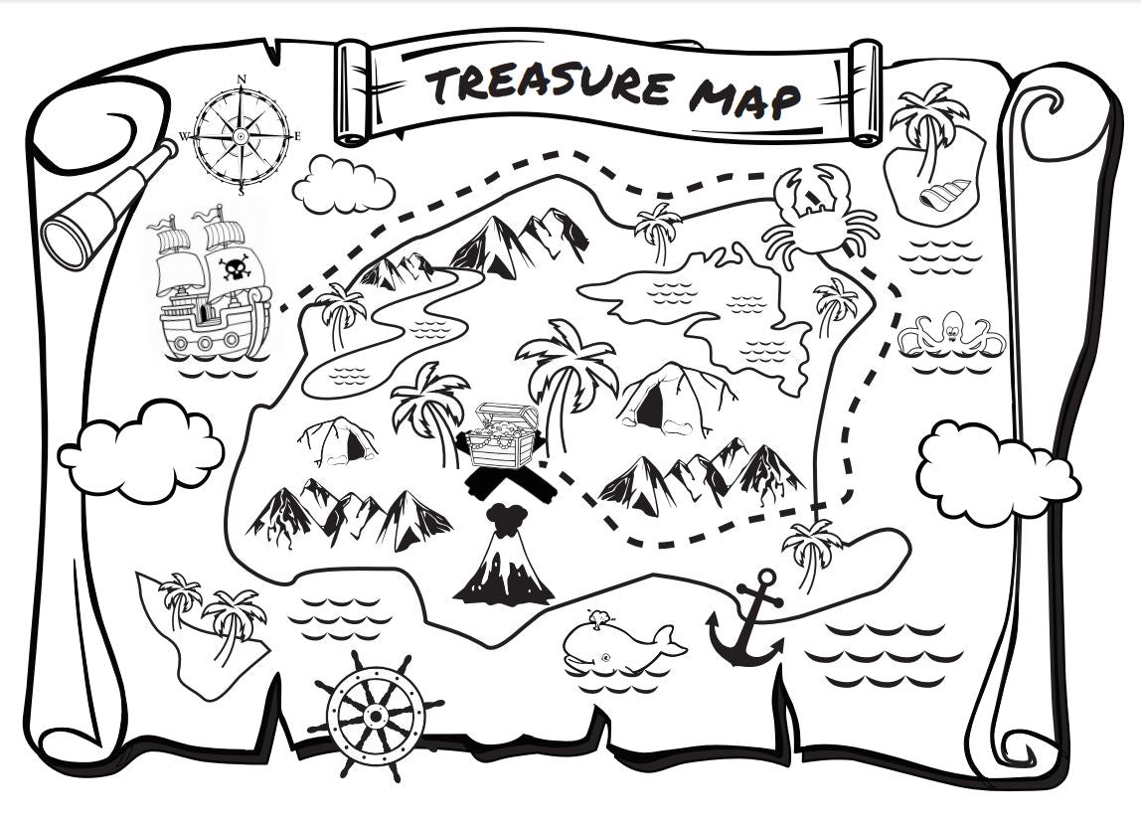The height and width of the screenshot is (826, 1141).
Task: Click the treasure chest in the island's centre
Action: pos(504,434)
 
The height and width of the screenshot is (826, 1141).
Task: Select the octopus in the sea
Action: pos(951,332)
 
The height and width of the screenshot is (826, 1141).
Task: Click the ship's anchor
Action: pos(747,620)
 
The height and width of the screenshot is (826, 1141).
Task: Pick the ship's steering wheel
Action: pos(376,714)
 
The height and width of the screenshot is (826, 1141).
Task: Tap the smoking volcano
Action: pos(505,563)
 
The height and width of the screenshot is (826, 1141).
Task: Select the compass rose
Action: pos(242,134)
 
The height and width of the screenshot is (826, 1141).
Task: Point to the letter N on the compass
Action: pos(242,79)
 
